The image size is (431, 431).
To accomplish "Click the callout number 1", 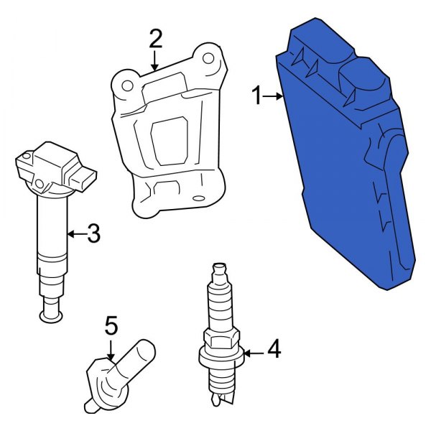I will coord(257,96).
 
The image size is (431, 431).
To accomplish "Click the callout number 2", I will coord(156,38).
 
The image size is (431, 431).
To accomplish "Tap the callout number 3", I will coord(93,233).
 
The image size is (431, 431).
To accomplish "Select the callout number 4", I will coord(274,350).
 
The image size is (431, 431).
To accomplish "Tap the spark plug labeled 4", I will coord(221,338).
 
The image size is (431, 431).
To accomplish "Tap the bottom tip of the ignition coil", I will coord(50,312).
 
